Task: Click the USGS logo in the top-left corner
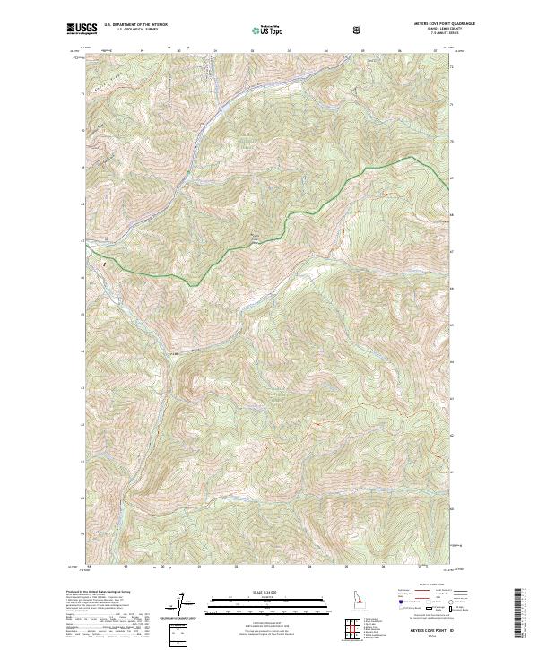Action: [82, 30]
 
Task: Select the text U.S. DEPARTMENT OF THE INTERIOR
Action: [135, 26]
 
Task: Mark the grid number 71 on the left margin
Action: [85, 91]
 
